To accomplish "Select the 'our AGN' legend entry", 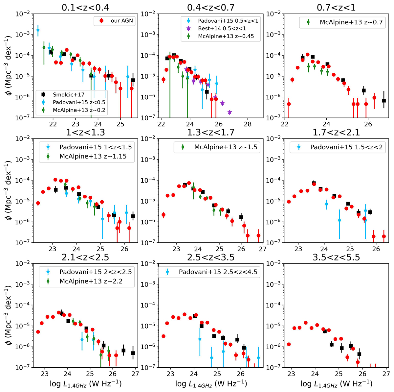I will (x=115, y=21).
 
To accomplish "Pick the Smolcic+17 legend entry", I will (x=68, y=95).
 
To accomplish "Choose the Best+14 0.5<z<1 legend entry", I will (x=222, y=29).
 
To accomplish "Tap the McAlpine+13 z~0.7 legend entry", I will (x=347, y=22).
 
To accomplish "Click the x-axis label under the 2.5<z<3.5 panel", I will (x=211, y=383).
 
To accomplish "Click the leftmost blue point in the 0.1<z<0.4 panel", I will (x=38, y=30).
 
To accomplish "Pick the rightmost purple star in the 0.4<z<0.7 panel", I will (x=230, y=112).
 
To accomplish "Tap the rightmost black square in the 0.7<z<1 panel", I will (x=384, y=101).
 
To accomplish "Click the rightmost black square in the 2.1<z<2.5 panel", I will (x=133, y=353).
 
